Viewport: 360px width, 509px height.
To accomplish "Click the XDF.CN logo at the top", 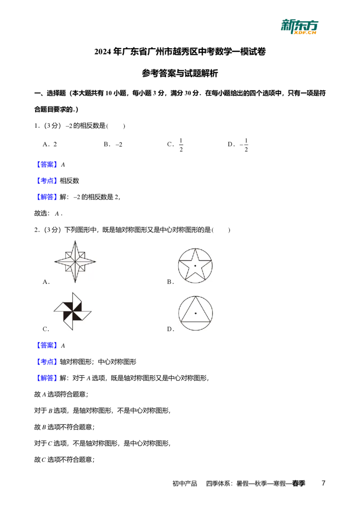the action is click(x=300, y=27).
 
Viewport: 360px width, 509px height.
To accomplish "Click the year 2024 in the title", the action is click(x=103, y=52).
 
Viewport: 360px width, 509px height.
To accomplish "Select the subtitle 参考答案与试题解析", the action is click(x=180, y=73).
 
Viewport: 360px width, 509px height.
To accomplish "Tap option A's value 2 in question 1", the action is click(x=55, y=144).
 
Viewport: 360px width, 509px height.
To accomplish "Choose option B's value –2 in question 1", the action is click(x=119, y=145).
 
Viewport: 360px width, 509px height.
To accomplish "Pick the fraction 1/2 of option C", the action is click(x=181, y=145).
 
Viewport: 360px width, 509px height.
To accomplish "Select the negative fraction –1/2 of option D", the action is click(x=244, y=145).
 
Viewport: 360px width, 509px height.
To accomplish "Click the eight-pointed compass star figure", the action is click(x=75, y=262).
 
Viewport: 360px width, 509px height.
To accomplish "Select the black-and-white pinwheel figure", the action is click(x=72, y=311).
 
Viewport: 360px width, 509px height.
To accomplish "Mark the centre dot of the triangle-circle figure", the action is click(x=196, y=313).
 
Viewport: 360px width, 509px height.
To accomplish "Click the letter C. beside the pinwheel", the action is click(x=46, y=329).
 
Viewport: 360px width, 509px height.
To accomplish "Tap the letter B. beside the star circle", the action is click(x=171, y=282).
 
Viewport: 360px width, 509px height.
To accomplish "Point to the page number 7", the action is click(x=323, y=483).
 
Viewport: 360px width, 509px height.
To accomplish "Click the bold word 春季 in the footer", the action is click(x=299, y=483).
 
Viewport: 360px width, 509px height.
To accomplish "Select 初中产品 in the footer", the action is click(x=184, y=484).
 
